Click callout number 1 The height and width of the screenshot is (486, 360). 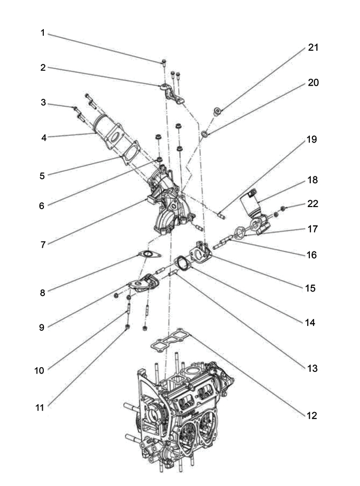click(x=43, y=33)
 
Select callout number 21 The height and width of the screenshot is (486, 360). click(x=313, y=48)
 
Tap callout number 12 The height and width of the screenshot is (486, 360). click(x=312, y=415)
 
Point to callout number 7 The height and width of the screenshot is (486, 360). click(x=43, y=245)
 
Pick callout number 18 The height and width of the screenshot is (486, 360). click(x=312, y=180)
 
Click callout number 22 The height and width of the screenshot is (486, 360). click(x=313, y=203)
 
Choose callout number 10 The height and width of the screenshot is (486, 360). click(x=39, y=370)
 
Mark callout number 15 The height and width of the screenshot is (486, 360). click(x=310, y=288)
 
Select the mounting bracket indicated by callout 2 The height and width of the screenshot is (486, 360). click(x=172, y=94)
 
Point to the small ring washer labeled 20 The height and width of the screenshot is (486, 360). click(x=205, y=134)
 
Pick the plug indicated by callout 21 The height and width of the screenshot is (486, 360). click(x=217, y=111)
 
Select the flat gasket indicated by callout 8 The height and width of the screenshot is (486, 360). click(x=150, y=255)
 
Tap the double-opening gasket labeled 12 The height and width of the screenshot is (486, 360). click(x=171, y=340)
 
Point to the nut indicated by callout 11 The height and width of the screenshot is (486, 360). click(x=127, y=327)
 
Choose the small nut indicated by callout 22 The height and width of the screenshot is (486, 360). click(x=283, y=208)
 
